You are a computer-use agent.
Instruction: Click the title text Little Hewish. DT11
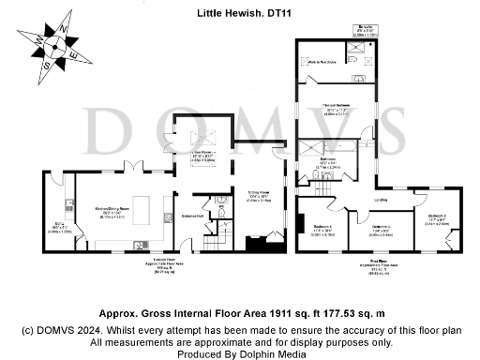(x=240, y=14)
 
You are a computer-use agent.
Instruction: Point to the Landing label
(x=382, y=200)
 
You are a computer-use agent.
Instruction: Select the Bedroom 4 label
(x=324, y=229)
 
